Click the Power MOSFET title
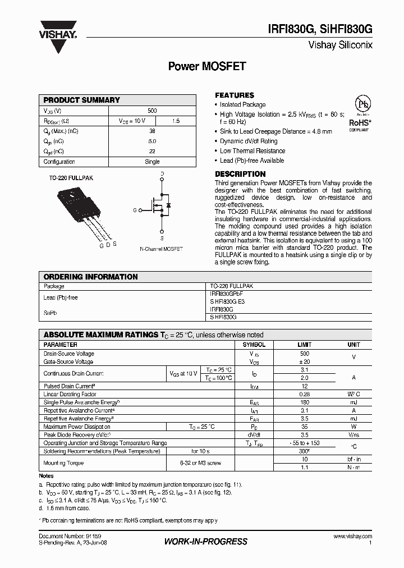[x=207, y=66]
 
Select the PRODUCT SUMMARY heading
[x=82, y=100]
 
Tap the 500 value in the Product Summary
[x=152, y=111]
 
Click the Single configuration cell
[x=152, y=162]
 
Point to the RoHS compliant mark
[x=359, y=123]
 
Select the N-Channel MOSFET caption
[x=161, y=249]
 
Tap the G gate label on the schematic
[x=135, y=210]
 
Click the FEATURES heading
[x=235, y=95]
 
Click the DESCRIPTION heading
[x=240, y=174]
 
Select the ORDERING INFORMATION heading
[x=90, y=277]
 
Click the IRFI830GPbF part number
[x=226, y=294]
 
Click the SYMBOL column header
[x=254, y=345]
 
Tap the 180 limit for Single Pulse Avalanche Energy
[x=305, y=402]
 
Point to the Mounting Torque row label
[x=63, y=463]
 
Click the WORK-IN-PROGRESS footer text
[x=205, y=542]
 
